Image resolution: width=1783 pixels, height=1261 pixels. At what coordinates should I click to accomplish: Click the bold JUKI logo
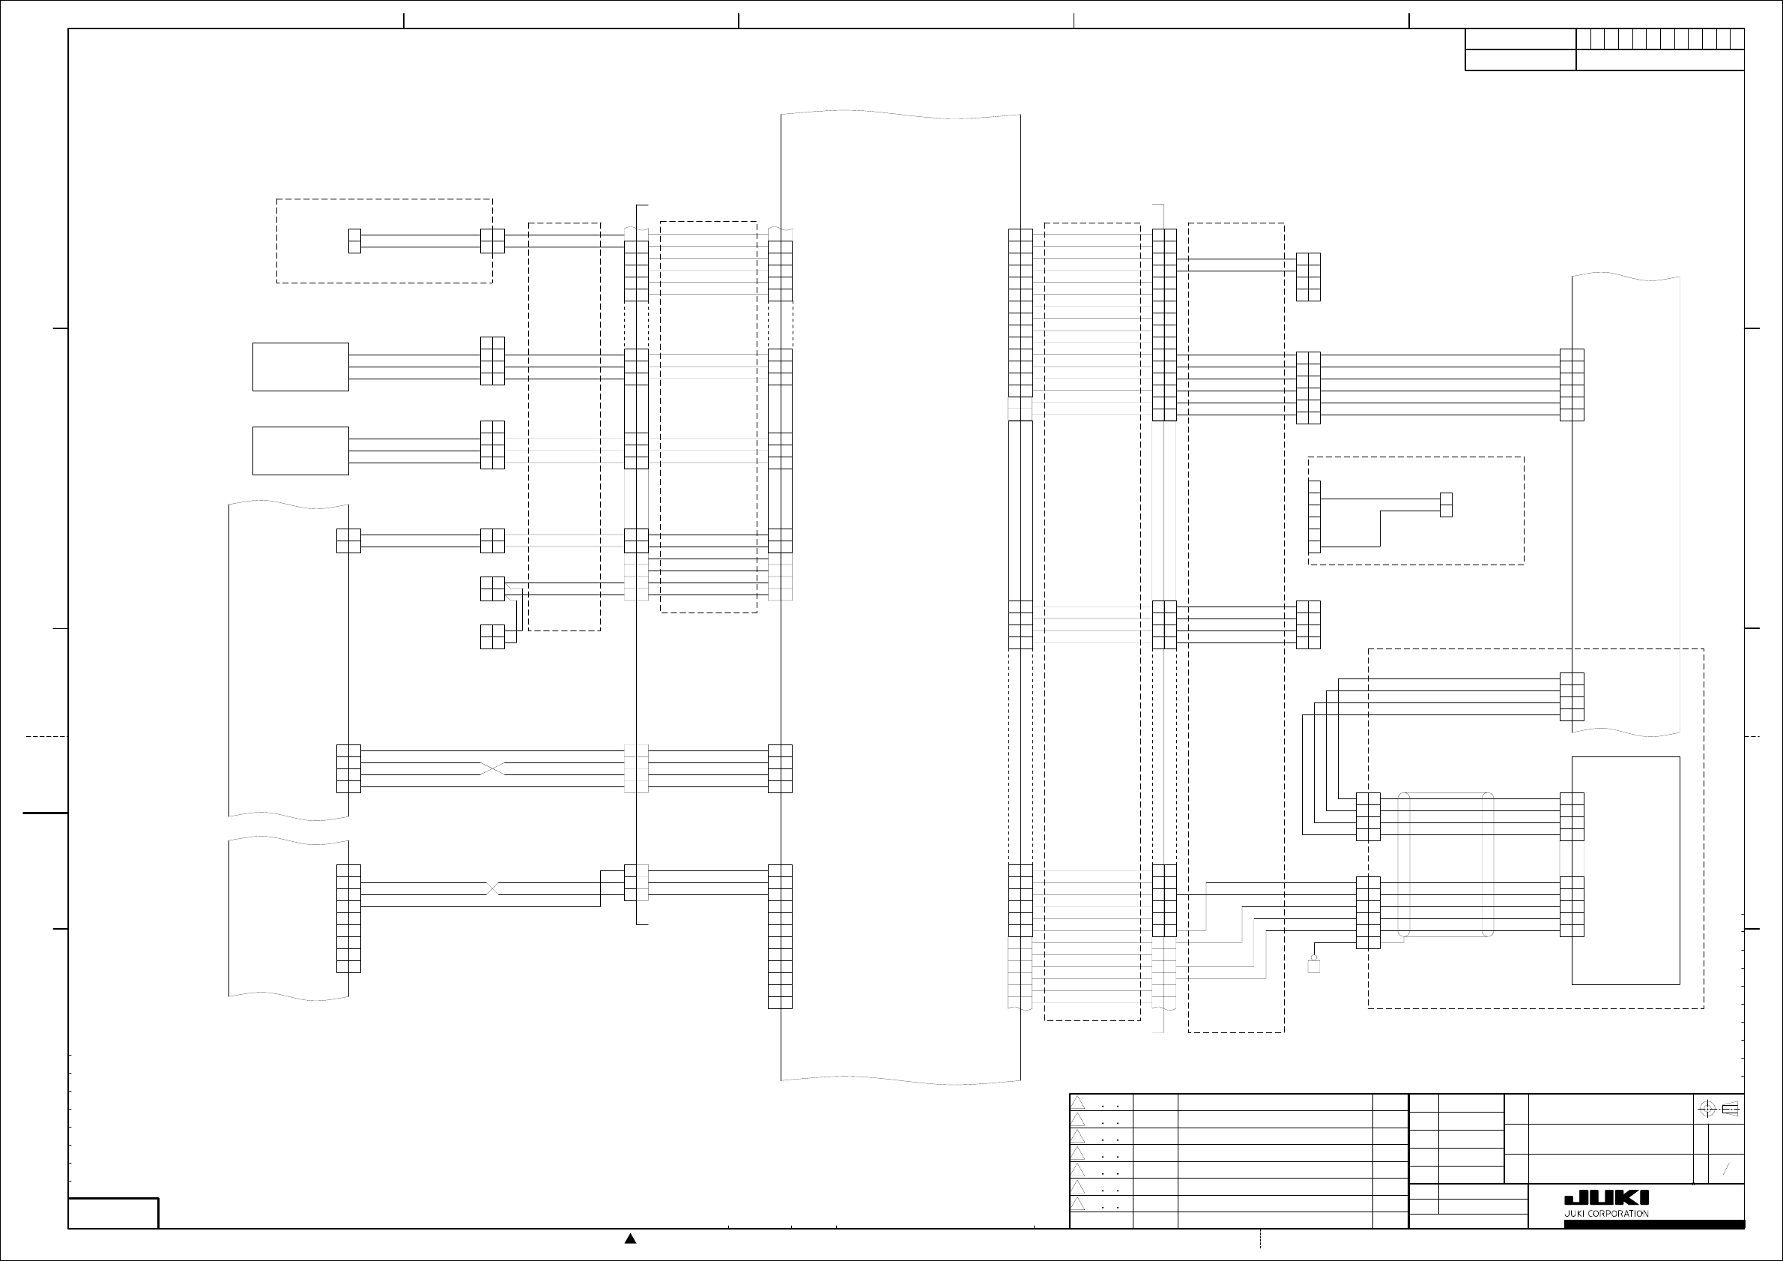(x=1606, y=1198)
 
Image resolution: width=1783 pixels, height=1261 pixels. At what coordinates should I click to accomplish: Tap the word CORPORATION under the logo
(x=1618, y=1214)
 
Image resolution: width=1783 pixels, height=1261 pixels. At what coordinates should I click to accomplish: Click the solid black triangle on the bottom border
(x=631, y=1239)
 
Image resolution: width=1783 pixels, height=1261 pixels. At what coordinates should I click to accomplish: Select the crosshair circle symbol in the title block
(x=1707, y=1109)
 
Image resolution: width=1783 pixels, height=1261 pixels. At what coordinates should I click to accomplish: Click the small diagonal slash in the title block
(x=1726, y=1170)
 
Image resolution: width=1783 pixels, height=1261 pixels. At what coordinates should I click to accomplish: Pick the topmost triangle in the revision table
(x=1078, y=1103)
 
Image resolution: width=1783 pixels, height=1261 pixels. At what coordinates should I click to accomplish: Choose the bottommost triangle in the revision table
(x=1078, y=1203)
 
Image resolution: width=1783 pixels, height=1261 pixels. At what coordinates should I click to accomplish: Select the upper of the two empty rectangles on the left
(x=300, y=367)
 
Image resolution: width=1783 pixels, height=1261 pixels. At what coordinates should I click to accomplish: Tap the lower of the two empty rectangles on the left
(x=300, y=451)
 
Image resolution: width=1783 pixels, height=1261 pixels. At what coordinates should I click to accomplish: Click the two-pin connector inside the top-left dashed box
(x=355, y=241)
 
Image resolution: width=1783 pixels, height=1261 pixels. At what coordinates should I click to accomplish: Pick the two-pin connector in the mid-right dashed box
(x=1446, y=505)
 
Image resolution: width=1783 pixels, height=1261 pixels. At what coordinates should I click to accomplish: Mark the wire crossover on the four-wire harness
(x=493, y=768)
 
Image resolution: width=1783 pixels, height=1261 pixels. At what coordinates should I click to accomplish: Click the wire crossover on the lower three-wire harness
(x=493, y=888)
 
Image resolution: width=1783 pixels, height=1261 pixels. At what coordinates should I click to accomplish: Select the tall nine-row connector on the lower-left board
(x=348, y=918)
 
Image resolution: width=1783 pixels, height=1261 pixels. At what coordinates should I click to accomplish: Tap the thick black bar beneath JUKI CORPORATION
(x=1654, y=1224)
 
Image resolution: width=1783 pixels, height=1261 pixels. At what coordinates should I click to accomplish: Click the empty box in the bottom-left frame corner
(x=113, y=1213)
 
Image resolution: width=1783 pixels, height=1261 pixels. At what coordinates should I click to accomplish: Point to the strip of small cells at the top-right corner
(x=1660, y=39)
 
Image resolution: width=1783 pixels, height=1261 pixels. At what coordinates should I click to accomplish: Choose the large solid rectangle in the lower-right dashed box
(x=1626, y=870)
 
